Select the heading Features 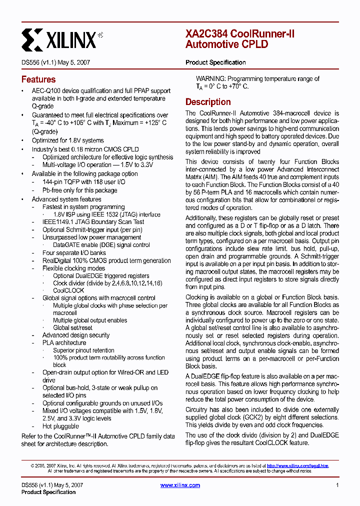tap(38, 79)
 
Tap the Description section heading tap(208, 102)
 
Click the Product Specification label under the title tap(215, 62)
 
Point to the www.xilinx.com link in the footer tap(180, 485)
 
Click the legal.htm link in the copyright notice tap(297, 465)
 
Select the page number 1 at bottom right tap(337, 485)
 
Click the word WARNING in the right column tap(210, 78)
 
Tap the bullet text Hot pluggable tap(60, 426)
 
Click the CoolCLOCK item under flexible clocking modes tap(68, 290)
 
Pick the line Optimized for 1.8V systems tap(68, 140)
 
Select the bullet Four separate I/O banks tap(74, 253)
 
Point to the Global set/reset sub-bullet tap(72, 327)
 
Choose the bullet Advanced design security tap(75, 335)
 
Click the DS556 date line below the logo tap(55, 62)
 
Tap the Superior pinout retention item tap(83, 350)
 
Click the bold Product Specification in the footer tap(48, 492)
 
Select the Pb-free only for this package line tap(79, 190)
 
